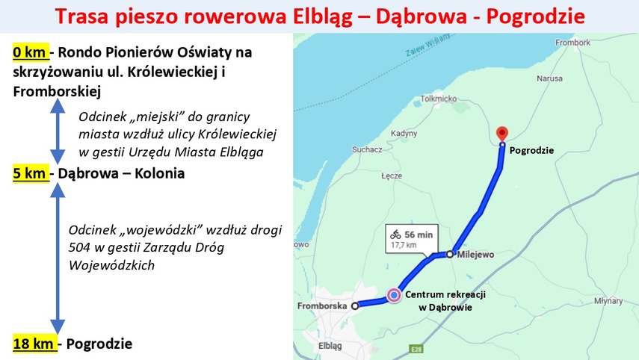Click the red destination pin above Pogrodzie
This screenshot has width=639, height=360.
[x=502, y=133]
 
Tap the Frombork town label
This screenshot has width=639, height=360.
[x=572, y=43]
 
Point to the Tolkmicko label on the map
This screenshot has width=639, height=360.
[x=439, y=99]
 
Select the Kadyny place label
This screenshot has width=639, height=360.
[x=404, y=134]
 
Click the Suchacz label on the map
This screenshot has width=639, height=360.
[x=367, y=149]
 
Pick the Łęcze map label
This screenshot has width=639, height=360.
[x=392, y=176]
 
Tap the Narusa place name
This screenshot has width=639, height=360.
[x=549, y=78]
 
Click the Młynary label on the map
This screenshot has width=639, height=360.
[x=608, y=301]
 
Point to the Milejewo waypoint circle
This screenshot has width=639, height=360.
[x=449, y=254]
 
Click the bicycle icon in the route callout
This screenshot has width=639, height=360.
[x=395, y=235]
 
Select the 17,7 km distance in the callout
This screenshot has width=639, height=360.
[x=404, y=245]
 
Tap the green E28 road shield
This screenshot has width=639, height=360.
[x=416, y=349]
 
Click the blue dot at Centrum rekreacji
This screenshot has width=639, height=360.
[x=394, y=295]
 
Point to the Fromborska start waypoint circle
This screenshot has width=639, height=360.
[x=355, y=305]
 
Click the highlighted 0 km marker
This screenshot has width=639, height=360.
[x=31, y=52]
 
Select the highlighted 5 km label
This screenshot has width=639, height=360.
[x=31, y=173]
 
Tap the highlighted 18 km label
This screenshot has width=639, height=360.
[x=35, y=344]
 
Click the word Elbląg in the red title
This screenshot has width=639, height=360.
[x=323, y=16]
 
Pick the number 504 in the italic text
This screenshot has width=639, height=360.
[x=78, y=247]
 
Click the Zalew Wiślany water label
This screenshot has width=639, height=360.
[x=427, y=45]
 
